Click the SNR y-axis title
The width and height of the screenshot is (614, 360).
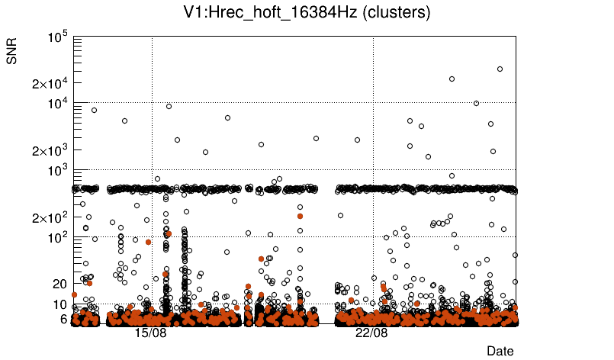[x=12, y=51]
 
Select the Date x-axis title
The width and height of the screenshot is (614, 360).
[x=500, y=351]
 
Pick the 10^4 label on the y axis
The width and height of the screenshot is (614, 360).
[x=59, y=104]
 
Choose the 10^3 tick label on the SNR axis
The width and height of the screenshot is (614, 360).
[x=59, y=171]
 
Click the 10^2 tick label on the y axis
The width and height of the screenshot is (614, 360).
[x=59, y=238]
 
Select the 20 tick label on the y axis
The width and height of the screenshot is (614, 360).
[x=60, y=284]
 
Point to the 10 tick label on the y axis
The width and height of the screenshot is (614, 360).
[x=60, y=304]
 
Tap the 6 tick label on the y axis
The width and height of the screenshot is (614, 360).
[x=64, y=319]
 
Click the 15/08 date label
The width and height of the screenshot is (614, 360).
[x=150, y=333]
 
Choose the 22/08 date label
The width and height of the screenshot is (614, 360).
[x=371, y=333]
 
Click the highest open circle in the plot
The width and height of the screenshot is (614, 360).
[x=500, y=69]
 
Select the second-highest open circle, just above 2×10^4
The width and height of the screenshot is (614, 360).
[x=452, y=79]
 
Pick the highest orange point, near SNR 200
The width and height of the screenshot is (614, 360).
[x=301, y=216]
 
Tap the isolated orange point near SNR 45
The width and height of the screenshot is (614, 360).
[x=261, y=259]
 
